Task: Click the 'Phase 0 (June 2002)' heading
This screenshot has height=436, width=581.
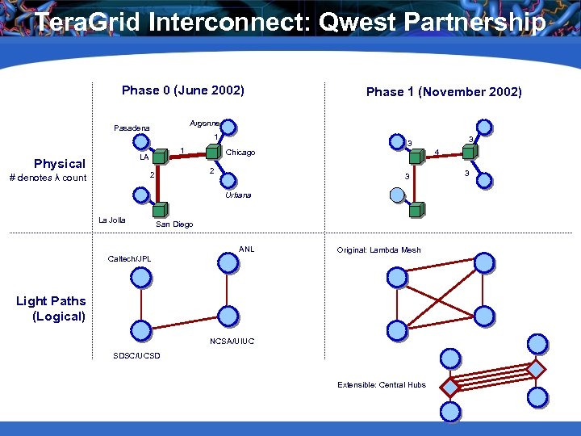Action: click(x=182, y=90)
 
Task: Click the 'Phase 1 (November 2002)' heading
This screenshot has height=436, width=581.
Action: click(x=444, y=92)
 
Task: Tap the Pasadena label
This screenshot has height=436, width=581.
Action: click(x=132, y=128)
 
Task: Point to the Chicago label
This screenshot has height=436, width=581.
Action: click(x=240, y=153)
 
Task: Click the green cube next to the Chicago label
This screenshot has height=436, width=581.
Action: click(x=213, y=152)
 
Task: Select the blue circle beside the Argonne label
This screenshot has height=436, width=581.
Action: click(x=228, y=127)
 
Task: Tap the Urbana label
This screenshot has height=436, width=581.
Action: click(x=238, y=195)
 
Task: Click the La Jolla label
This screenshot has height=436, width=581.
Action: click(x=111, y=220)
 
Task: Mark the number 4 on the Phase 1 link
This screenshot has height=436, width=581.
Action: click(x=437, y=152)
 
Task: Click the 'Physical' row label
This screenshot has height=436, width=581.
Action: click(x=59, y=164)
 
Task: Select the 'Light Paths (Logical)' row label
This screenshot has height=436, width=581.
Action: click(x=52, y=308)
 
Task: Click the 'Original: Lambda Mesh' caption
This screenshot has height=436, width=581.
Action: click(x=378, y=250)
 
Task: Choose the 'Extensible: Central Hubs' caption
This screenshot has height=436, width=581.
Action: click(x=381, y=384)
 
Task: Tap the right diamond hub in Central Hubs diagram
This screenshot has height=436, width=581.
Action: click(x=536, y=369)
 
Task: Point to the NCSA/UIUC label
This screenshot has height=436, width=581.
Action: click(x=232, y=342)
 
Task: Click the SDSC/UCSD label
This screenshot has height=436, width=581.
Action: click(x=136, y=356)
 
